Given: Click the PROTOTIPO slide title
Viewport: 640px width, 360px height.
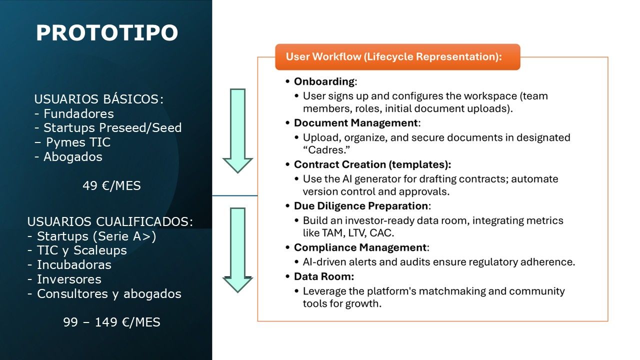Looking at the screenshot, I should [107, 33].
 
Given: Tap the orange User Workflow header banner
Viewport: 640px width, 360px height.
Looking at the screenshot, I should [397, 56].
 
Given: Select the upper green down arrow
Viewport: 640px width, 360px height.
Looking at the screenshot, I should [237, 130].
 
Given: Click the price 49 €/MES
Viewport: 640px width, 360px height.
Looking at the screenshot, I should [111, 186].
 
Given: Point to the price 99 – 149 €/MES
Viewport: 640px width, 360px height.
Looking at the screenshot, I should [111, 322].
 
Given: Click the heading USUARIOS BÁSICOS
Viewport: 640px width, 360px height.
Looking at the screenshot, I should [98, 99].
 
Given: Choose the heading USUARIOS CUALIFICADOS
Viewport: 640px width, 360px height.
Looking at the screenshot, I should [110, 221].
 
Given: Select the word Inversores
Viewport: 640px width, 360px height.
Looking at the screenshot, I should [69, 279].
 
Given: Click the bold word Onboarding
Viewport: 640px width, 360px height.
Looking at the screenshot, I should [324, 81].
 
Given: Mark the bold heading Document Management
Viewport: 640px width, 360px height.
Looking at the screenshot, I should [356, 123].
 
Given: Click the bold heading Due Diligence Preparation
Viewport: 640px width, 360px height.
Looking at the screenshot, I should [361, 206].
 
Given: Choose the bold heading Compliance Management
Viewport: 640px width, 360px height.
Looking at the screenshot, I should [360, 247].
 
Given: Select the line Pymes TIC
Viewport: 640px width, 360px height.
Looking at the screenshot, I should [78, 142].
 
